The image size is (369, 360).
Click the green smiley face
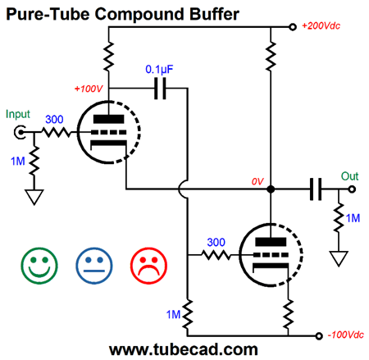(x=39, y=266)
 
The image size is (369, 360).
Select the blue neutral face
(x=94, y=266)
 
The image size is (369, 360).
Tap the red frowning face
(x=148, y=266)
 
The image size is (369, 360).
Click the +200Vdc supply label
(x=321, y=26)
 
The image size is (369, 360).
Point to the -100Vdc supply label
(x=346, y=335)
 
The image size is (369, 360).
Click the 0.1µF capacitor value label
(x=159, y=70)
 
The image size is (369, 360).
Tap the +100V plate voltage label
(x=89, y=89)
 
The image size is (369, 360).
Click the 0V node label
(x=257, y=181)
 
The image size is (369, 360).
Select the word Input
(x=18, y=115)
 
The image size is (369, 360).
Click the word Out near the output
(x=349, y=176)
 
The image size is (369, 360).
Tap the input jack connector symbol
(x=20, y=132)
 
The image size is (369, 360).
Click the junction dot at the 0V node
(x=271, y=189)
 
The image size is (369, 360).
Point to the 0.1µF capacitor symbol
(x=160, y=89)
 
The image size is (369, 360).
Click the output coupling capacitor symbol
(x=316, y=189)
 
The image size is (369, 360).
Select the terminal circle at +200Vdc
(x=293, y=27)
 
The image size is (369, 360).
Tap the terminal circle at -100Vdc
(x=319, y=336)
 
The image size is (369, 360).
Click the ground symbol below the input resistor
(x=34, y=197)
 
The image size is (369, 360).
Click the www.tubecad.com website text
(x=184, y=349)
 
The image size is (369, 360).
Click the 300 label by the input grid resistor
(x=54, y=120)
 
